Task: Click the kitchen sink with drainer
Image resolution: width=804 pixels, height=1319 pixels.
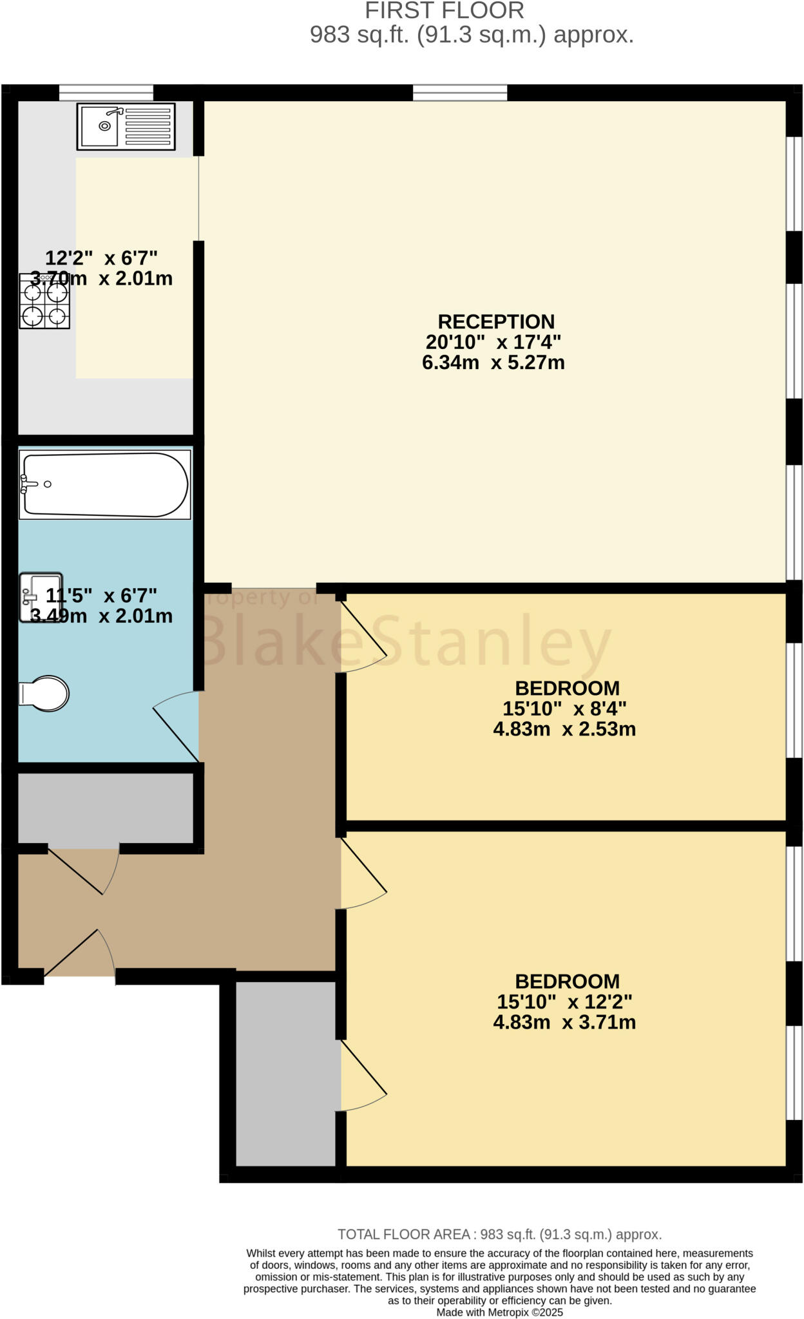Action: click(x=126, y=126)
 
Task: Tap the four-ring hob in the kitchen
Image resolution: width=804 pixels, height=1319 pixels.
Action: click(x=44, y=301)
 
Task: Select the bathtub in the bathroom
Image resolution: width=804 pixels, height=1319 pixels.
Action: click(x=105, y=484)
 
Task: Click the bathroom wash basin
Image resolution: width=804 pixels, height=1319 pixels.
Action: click(x=41, y=597)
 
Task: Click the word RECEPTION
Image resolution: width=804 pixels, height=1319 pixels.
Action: click(x=496, y=321)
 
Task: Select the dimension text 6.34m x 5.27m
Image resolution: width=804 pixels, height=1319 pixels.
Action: click(x=493, y=363)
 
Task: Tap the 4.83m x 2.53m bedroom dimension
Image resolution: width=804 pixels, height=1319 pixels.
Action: click(x=564, y=729)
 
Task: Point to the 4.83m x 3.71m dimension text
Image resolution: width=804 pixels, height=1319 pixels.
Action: click(x=564, y=1022)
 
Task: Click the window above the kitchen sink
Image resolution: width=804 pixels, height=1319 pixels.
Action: click(x=106, y=93)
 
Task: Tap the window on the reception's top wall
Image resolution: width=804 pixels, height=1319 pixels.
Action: click(x=460, y=93)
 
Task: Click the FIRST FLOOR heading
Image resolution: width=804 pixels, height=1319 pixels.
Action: click(x=445, y=11)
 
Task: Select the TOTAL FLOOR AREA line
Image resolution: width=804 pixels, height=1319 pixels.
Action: click(x=499, y=1235)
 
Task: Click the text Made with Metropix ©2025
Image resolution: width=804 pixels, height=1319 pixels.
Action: click(x=499, y=1312)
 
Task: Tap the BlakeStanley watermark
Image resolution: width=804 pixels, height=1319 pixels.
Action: click(x=406, y=641)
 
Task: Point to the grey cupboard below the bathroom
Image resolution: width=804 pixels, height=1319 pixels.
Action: click(x=105, y=808)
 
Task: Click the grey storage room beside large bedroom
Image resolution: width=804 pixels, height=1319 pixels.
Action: click(x=287, y=1074)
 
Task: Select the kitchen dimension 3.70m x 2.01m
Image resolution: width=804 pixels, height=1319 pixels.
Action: click(x=101, y=279)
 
